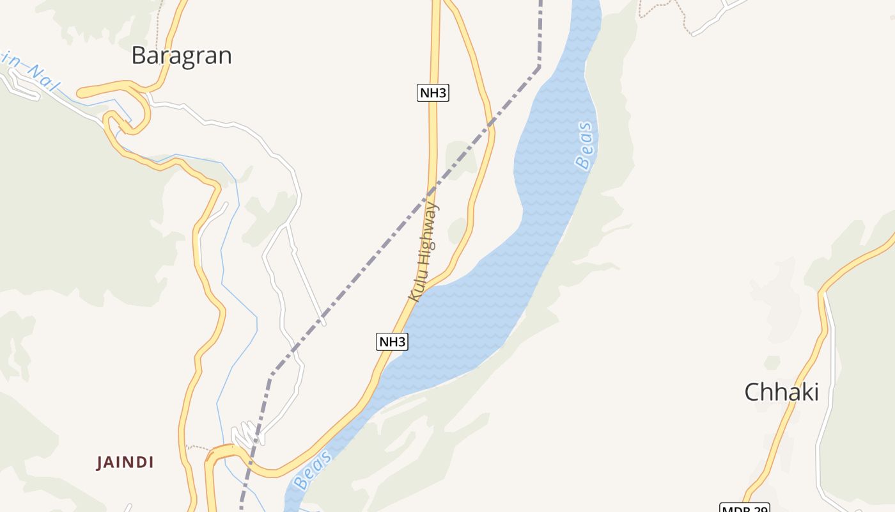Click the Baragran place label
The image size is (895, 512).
(181, 56)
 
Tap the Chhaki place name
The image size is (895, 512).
(781, 392)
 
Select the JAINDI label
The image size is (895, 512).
(125, 462)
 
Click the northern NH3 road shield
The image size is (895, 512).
(433, 93)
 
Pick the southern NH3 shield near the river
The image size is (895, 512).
(392, 342)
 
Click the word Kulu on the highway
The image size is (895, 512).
(416, 287)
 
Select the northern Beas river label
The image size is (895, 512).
(584, 146)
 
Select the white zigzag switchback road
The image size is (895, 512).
(246, 435)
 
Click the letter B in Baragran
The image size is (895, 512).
(139, 56)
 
